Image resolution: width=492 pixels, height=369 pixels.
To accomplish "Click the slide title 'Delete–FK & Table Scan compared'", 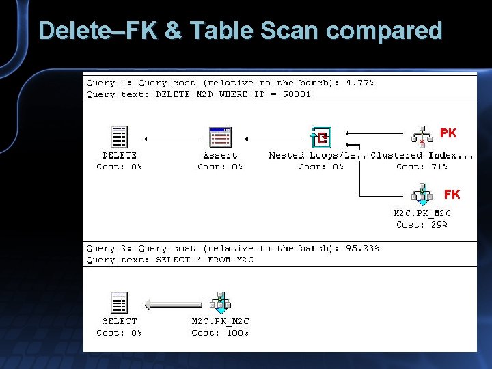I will click(x=241, y=31).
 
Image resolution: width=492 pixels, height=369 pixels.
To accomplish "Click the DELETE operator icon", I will click(x=120, y=137).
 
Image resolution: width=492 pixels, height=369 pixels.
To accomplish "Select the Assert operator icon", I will click(x=220, y=137).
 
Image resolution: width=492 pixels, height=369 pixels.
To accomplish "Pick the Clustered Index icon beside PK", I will click(x=422, y=137).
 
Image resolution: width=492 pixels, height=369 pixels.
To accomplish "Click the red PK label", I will click(x=448, y=133).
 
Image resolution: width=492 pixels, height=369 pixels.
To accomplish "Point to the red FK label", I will click(x=452, y=195).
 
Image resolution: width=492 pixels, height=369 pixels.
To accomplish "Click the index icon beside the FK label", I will click(x=422, y=194).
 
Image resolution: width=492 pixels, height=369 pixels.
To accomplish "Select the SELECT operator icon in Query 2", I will click(x=120, y=303).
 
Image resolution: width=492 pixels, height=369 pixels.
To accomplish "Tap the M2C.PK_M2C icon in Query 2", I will click(x=220, y=302).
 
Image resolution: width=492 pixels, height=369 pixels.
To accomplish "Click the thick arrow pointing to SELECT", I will click(x=175, y=304).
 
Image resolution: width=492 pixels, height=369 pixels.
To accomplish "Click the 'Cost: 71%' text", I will click(x=422, y=167).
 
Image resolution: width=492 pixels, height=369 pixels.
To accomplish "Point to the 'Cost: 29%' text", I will click(x=422, y=224).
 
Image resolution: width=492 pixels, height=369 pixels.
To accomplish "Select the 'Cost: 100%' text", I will click(x=220, y=333).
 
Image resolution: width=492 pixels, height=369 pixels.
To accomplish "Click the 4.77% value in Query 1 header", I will click(x=359, y=83).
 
